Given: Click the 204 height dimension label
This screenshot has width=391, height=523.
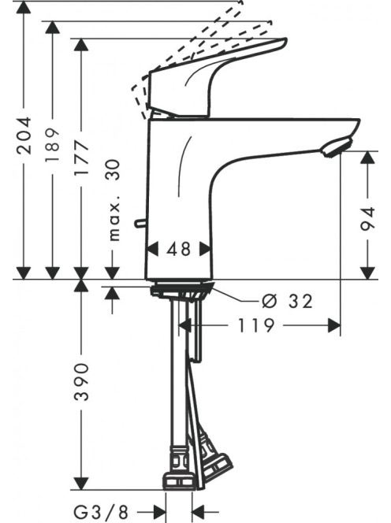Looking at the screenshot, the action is (x=24, y=135).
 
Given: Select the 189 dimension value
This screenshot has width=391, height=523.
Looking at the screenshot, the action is (x=53, y=144).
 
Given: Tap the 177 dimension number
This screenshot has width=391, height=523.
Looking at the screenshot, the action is (x=81, y=158).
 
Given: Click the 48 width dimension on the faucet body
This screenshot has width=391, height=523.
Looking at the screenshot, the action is (x=179, y=249).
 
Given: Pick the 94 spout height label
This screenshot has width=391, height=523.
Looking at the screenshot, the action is (x=368, y=219).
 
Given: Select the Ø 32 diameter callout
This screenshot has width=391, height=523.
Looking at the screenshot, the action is (x=288, y=301).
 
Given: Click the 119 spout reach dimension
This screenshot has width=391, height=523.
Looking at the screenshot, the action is (x=255, y=326).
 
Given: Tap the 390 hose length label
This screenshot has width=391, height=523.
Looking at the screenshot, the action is (x=81, y=382).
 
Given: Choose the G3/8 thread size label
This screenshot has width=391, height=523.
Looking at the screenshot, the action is (x=100, y=511).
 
